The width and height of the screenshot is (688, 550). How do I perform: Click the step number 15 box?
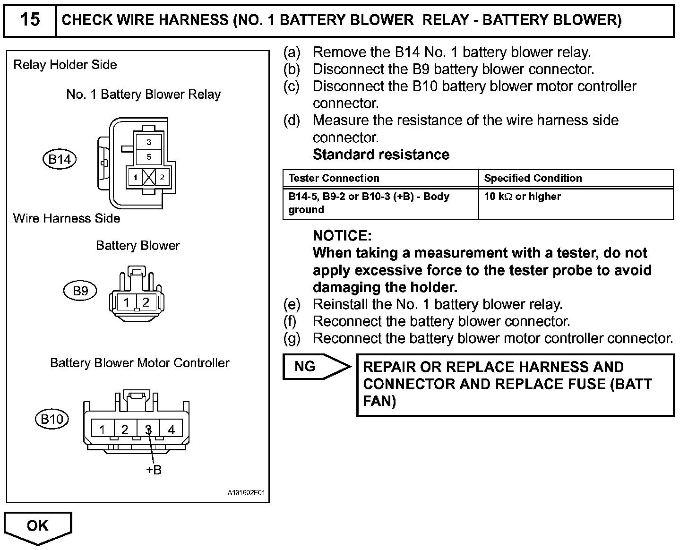pyautogui.click(x=30, y=20)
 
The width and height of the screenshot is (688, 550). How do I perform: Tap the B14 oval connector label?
pyautogui.click(x=60, y=159)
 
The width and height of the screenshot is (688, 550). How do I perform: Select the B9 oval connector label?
pyautogui.click(x=80, y=291)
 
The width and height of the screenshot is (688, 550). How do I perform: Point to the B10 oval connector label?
pyautogui.click(x=52, y=419)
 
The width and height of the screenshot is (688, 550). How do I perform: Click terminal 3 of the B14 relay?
pyautogui.click(x=149, y=142)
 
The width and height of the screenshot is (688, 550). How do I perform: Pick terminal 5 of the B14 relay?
pyautogui.click(x=149, y=157)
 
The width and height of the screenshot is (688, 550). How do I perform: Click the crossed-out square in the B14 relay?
pyautogui.click(x=149, y=178)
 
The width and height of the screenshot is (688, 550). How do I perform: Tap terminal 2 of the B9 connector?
pyautogui.click(x=146, y=302)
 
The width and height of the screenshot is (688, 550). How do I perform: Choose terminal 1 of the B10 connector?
pyautogui.click(x=103, y=430)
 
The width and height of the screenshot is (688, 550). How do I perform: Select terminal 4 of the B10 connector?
pyautogui.click(x=171, y=430)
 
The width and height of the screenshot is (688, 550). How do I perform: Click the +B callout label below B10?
pyautogui.click(x=154, y=470)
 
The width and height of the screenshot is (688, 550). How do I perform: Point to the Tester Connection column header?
pyautogui.click(x=334, y=178)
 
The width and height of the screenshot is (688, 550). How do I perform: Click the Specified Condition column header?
pyautogui.click(x=533, y=178)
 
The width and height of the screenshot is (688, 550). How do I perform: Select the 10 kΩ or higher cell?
pyautogui.click(x=522, y=197)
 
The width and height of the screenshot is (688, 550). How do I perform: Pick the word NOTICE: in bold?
pyautogui.click(x=342, y=236)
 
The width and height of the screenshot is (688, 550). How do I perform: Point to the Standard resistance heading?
pyautogui.click(x=381, y=155)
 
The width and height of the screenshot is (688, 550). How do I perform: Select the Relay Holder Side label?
pyautogui.click(x=65, y=65)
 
